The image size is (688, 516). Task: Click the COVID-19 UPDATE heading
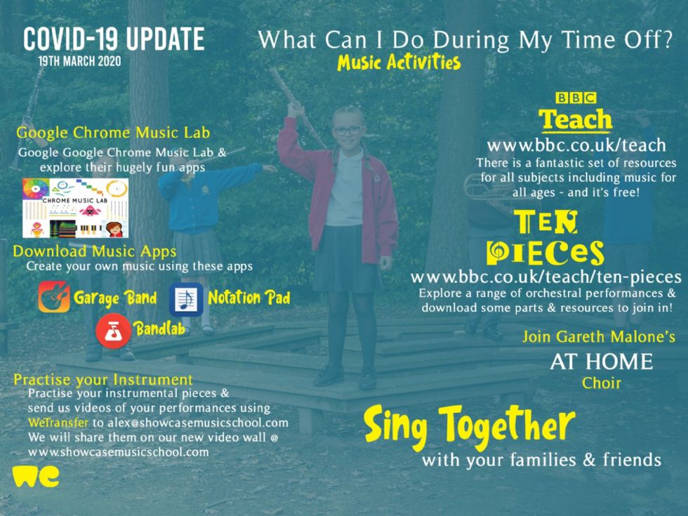[114, 39]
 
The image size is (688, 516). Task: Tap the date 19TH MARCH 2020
[79, 61]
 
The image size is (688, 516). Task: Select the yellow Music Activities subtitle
[399, 62]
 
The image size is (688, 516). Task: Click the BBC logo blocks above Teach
[576, 98]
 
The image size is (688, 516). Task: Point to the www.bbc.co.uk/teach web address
[576, 145]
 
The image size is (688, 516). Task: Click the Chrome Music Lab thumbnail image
[76, 208]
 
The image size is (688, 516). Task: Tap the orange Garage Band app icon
[54, 296]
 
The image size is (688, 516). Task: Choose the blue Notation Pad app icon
[186, 300]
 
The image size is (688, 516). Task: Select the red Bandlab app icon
[113, 331]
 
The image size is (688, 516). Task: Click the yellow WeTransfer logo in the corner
[36, 477]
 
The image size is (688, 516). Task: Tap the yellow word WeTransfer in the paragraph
[58, 423]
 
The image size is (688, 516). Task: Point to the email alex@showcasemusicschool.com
[198, 423]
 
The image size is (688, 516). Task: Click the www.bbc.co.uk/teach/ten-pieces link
[546, 277]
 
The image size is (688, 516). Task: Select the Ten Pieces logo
[545, 237]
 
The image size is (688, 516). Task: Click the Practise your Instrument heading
[103, 380]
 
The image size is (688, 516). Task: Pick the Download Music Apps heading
[95, 251]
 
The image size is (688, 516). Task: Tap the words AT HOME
[602, 362]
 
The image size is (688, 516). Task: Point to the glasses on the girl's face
[348, 131]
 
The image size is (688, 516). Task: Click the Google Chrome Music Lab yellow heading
[113, 133]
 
